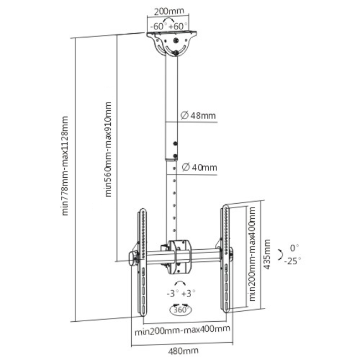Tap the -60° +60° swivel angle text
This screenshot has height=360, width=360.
(x=168, y=26)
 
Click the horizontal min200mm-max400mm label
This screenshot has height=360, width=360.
(x=182, y=330)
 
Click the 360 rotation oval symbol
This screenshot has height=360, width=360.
(x=181, y=310)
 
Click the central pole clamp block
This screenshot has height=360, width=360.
(x=181, y=255)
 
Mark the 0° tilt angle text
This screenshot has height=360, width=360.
(x=294, y=248)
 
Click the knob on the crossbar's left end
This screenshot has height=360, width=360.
(x=132, y=258)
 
